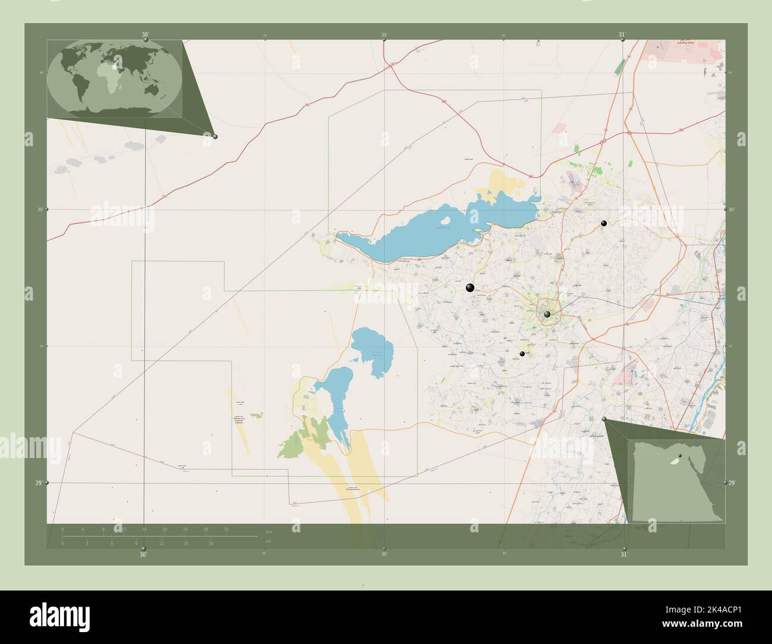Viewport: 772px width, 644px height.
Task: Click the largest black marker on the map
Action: [x=470, y=288]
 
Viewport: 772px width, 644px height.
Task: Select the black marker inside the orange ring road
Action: [x=547, y=314]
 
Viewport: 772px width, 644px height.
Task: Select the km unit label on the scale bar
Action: [x=268, y=532]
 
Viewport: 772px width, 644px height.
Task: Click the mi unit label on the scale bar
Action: [x=268, y=542]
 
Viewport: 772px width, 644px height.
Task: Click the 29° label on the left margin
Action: [x=39, y=483]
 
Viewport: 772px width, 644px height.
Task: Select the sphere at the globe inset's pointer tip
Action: [x=215, y=137]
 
